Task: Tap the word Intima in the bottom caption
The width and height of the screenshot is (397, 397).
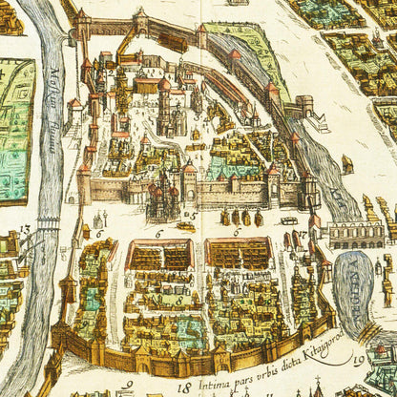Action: click(x=212, y=385)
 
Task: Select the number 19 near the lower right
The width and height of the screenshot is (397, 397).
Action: click(x=359, y=361)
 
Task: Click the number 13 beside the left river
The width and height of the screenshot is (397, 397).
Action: click(x=24, y=230)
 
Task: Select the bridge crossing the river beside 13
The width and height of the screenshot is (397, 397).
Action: click(x=38, y=234)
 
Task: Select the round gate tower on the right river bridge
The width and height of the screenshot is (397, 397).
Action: click(x=304, y=102)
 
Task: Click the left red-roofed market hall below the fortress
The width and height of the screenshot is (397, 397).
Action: click(x=160, y=254)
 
